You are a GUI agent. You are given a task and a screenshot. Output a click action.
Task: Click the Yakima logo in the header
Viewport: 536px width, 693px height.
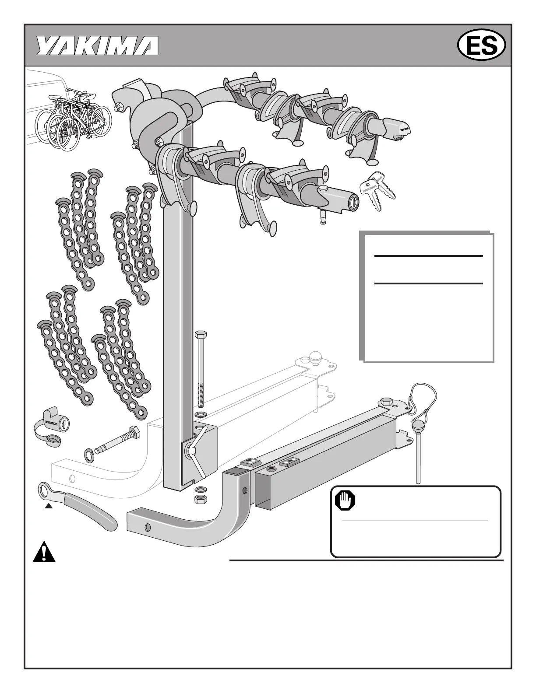coord(97,45)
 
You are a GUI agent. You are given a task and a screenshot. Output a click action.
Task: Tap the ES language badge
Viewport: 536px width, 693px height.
coord(481,45)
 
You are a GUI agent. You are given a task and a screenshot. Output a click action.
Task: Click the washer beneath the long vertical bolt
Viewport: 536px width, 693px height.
coord(200,413)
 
